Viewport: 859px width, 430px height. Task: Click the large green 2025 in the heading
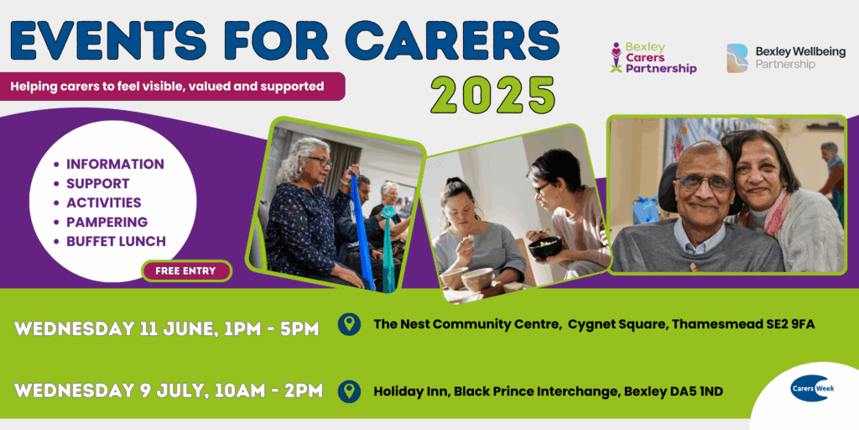click(492, 95)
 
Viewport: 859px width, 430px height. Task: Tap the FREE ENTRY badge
click(185, 271)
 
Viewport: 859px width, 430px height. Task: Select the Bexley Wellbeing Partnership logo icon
click(737, 57)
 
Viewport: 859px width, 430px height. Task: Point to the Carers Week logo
click(810, 389)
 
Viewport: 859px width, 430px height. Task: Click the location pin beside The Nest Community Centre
click(349, 324)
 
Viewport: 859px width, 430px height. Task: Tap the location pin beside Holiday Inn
click(349, 391)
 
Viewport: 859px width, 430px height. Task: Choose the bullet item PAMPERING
click(107, 222)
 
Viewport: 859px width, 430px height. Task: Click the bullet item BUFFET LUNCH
click(116, 241)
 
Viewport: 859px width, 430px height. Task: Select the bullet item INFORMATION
click(115, 164)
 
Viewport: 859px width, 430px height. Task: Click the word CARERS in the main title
click(456, 39)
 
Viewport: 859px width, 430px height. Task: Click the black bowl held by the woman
click(544, 248)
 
